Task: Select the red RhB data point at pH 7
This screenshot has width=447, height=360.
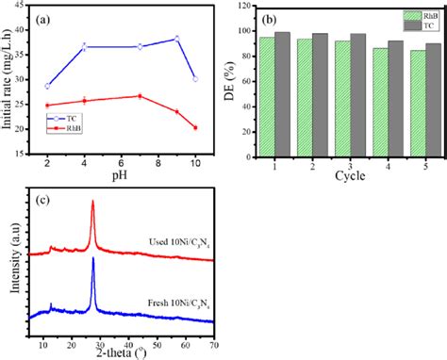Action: (140, 96)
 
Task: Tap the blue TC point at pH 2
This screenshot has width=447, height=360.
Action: (47, 86)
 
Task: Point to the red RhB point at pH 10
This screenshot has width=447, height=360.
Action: (195, 127)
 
